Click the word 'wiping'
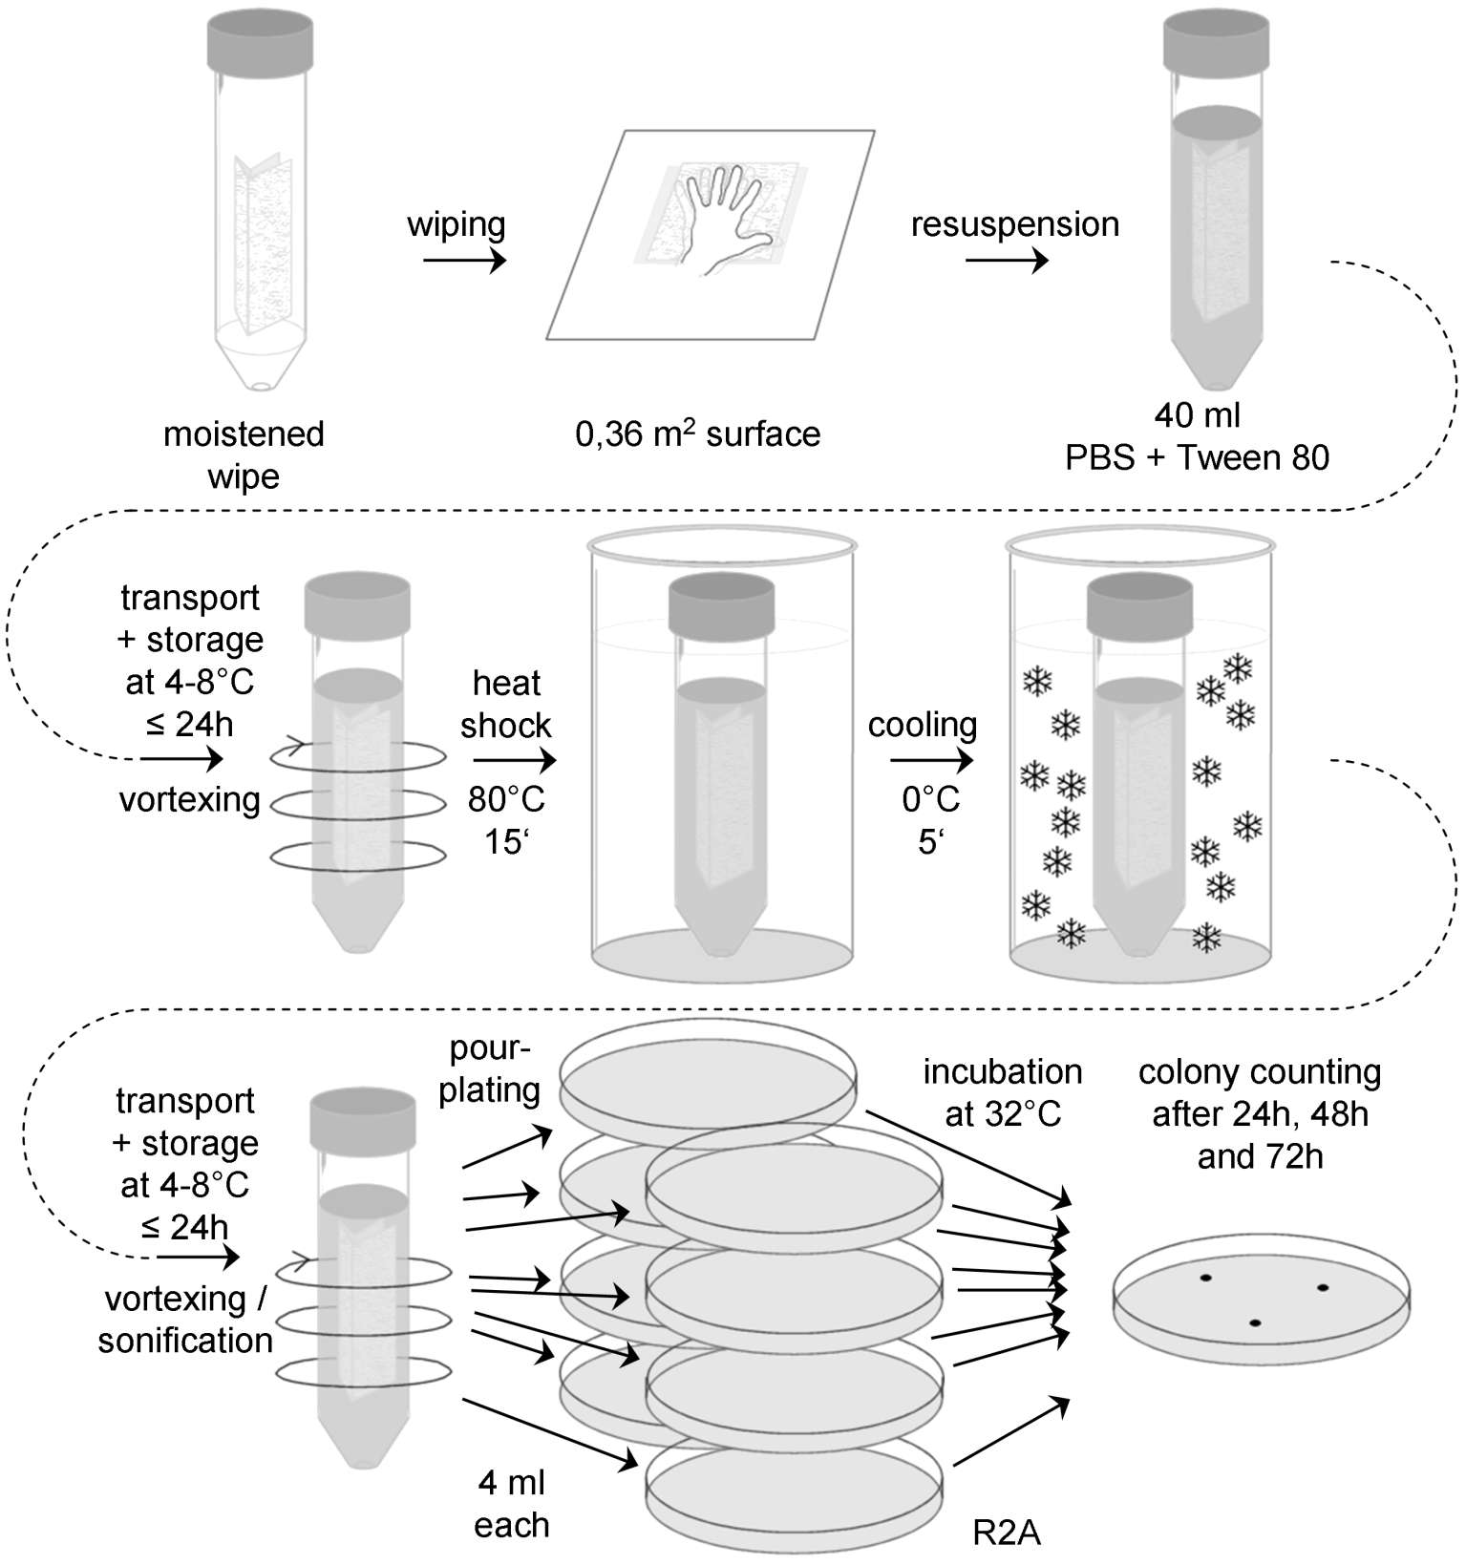tap(457, 225)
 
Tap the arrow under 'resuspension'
tap(1007, 260)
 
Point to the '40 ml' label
tap(1198, 415)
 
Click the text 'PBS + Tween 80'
tap(1198, 457)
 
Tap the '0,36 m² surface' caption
tap(697, 434)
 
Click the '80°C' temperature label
tap(506, 798)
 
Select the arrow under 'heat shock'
tap(514, 760)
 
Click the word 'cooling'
tap(923, 725)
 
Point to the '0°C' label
tap(931, 798)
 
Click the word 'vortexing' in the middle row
tap(190, 799)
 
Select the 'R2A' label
tap(1007, 1533)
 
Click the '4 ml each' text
tap(512, 1504)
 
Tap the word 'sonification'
tap(185, 1341)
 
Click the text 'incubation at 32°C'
tap(1003, 1092)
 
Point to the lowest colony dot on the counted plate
tap(1255, 1323)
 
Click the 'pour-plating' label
tap(490, 1069)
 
